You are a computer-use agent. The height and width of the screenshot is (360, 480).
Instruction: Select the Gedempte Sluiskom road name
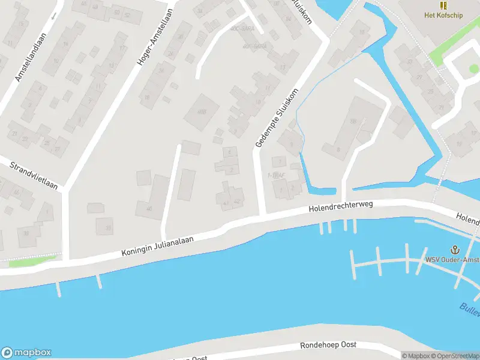pyautogui.click(x=277, y=118)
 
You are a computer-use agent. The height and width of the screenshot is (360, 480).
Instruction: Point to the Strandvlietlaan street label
pyautogui.click(x=35, y=174)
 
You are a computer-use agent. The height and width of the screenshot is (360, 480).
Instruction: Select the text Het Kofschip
pyautogui.click(x=443, y=15)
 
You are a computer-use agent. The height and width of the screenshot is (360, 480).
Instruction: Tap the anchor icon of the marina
pyautogui.click(x=454, y=250)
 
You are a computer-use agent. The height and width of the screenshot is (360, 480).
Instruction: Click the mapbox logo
pyautogui.click(x=26, y=353)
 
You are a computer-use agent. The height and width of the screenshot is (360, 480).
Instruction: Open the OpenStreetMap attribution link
pyautogui.click(x=458, y=356)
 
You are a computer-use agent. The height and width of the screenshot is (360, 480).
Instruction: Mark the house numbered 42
pyautogui.click(x=238, y=202)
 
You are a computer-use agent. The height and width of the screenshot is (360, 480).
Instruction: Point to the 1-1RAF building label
pyautogui.click(x=275, y=175)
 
